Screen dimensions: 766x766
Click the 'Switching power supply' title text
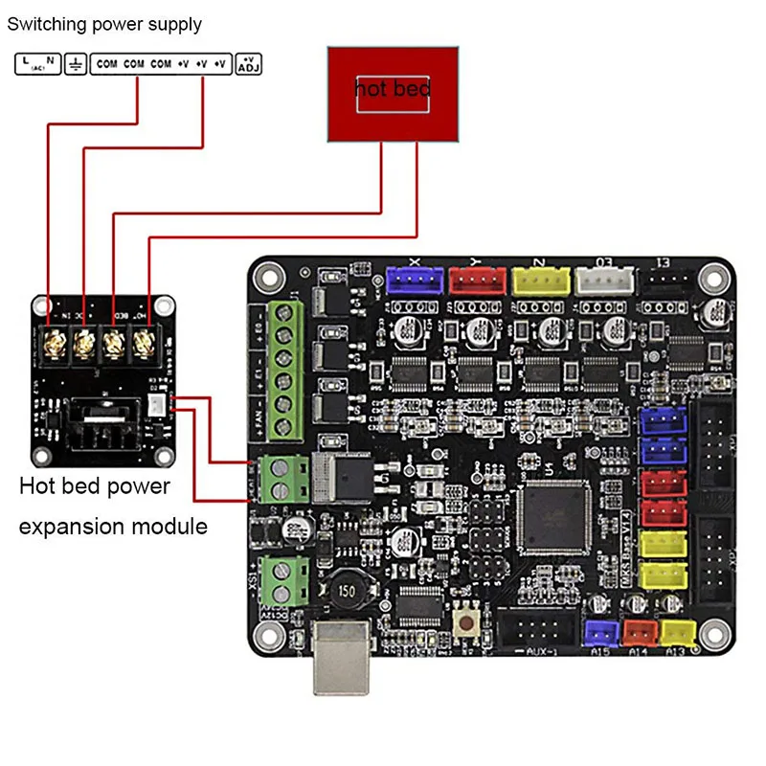pyautogui.click(x=104, y=24)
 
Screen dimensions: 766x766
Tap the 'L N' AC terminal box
pyautogui.click(x=37, y=64)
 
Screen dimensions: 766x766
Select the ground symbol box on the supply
pyautogui.click(x=74, y=64)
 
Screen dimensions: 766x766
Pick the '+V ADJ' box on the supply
pyautogui.click(x=247, y=64)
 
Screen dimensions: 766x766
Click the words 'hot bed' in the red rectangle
pyautogui.click(x=393, y=89)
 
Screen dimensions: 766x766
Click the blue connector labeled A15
pyautogui.click(x=601, y=633)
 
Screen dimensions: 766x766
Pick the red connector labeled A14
pyautogui.click(x=641, y=633)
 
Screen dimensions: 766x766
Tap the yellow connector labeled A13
pyautogui.click(x=678, y=633)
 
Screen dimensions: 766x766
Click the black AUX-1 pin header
pyautogui.click(x=534, y=631)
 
